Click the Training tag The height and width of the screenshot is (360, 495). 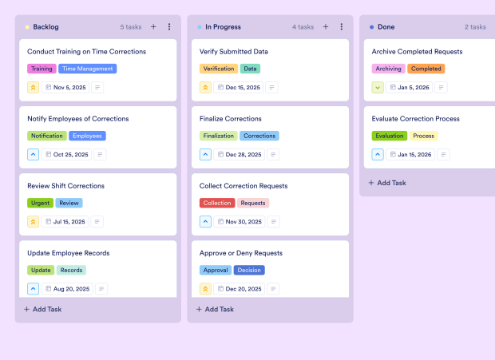[42, 69]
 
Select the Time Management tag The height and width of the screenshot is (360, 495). [88, 69]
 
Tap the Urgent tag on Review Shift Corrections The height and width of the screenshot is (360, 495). [40, 203]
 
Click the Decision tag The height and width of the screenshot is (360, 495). [249, 270]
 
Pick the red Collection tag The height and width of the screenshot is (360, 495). [217, 203]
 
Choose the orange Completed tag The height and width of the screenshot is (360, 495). [426, 69]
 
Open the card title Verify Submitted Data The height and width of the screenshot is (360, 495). [234, 52]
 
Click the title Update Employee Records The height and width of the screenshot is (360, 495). [69, 253]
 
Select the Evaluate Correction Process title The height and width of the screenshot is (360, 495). [415, 119]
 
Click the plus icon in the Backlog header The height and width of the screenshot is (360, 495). [153, 26]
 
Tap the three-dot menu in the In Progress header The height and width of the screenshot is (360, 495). [342, 26]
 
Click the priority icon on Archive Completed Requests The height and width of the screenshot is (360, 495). [378, 87]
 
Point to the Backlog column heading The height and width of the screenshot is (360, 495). [47, 26]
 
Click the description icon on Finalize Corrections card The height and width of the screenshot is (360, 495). [272, 154]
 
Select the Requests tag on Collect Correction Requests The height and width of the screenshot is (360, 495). [253, 203]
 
